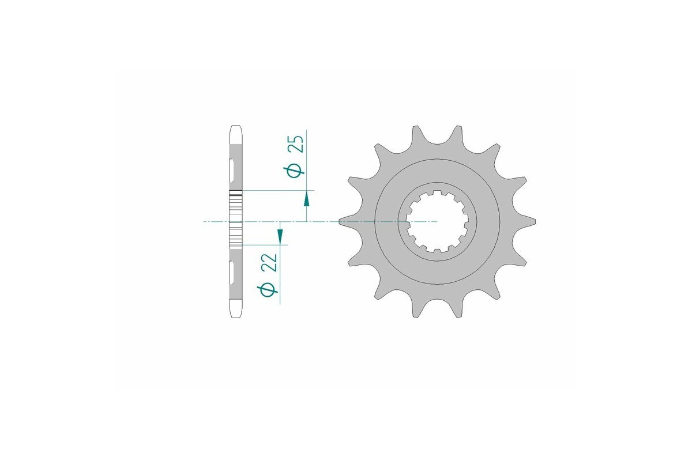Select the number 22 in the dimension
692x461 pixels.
pos(269,262)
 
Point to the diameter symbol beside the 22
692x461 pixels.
pos(269,289)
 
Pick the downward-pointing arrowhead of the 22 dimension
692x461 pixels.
pos(280,236)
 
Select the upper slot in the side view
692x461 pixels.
pos(231,171)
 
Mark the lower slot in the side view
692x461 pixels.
pos(231,273)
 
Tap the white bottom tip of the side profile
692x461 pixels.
pos(235,309)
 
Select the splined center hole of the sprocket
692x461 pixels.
pos(437,221)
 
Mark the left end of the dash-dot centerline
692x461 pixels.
pos(205,221)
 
